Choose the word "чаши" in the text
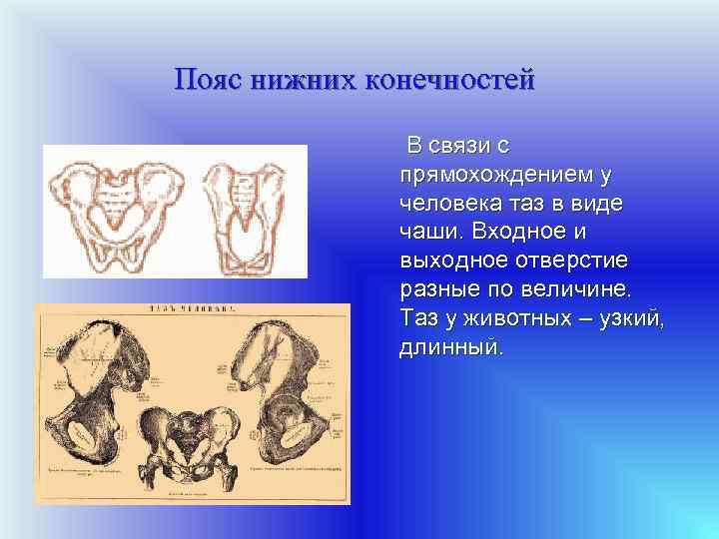[x=427, y=233]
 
